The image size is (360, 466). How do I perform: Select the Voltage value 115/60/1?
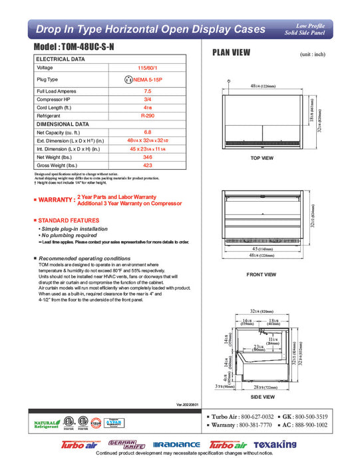pos(148,68)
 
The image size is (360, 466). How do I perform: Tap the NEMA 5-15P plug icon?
pos(129,79)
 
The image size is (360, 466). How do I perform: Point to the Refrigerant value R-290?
pos(148,115)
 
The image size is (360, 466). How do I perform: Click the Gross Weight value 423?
pos(148,166)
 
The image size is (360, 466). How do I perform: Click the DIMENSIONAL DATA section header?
pos(63,124)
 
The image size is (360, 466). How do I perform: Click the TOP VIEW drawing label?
pos(262,158)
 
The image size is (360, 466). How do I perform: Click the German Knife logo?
pos(126,443)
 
